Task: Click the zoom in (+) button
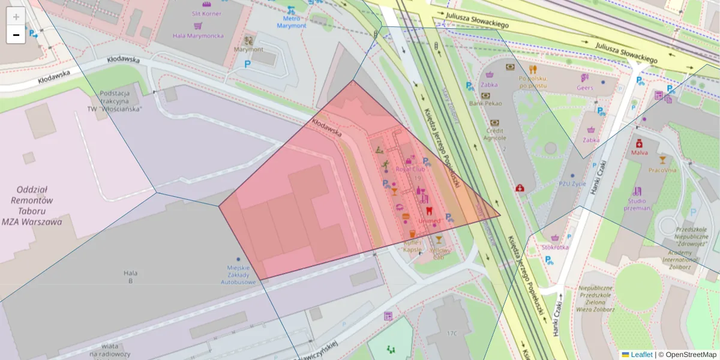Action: coord(16,16)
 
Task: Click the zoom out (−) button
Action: coord(16,35)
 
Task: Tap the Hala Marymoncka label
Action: coord(198,35)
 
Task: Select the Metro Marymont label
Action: coord(292,22)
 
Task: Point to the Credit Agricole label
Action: coord(495,134)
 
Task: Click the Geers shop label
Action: coord(585,88)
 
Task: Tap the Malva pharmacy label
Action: coord(640,152)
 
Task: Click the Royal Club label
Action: coord(410,169)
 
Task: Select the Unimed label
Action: coord(429,221)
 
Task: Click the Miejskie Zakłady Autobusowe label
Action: coord(238,274)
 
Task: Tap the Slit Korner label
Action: coord(206,13)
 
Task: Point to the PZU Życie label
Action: coord(572,184)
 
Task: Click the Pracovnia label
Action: coord(662,170)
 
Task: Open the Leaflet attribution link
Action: coord(641,355)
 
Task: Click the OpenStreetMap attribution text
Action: coord(690,355)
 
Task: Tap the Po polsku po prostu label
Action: coord(533,82)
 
